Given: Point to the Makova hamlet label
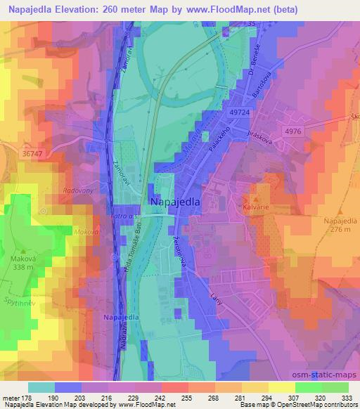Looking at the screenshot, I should click(x=84, y=231).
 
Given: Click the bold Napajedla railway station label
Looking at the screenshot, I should click(x=120, y=318).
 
